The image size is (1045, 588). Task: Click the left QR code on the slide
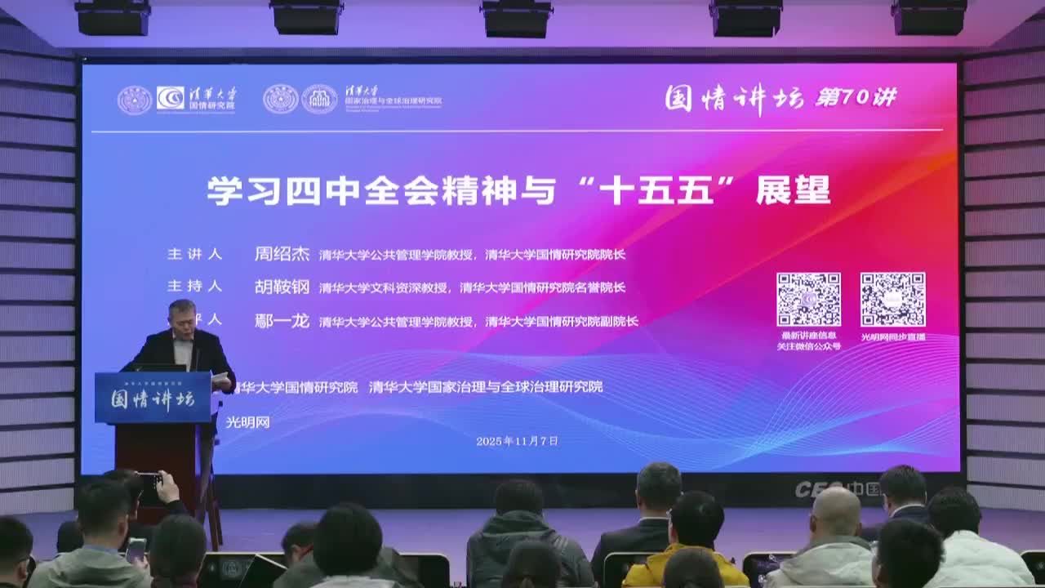[808, 299]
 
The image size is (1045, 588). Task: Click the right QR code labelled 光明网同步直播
[892, 299]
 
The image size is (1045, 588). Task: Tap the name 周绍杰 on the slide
[282, 253]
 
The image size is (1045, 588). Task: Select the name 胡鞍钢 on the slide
[282, 287]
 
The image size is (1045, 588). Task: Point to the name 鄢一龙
[282, 321]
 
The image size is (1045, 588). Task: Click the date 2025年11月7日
[517, 441]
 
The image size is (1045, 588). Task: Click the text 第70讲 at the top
[856, 98]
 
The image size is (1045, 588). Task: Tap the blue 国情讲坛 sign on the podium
[153, 399]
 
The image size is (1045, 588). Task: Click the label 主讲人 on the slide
[194, 254]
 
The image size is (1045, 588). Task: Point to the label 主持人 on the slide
[194, 287]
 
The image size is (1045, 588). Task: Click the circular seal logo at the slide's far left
[134, 100]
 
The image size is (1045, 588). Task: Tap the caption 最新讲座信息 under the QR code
[808, 336]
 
